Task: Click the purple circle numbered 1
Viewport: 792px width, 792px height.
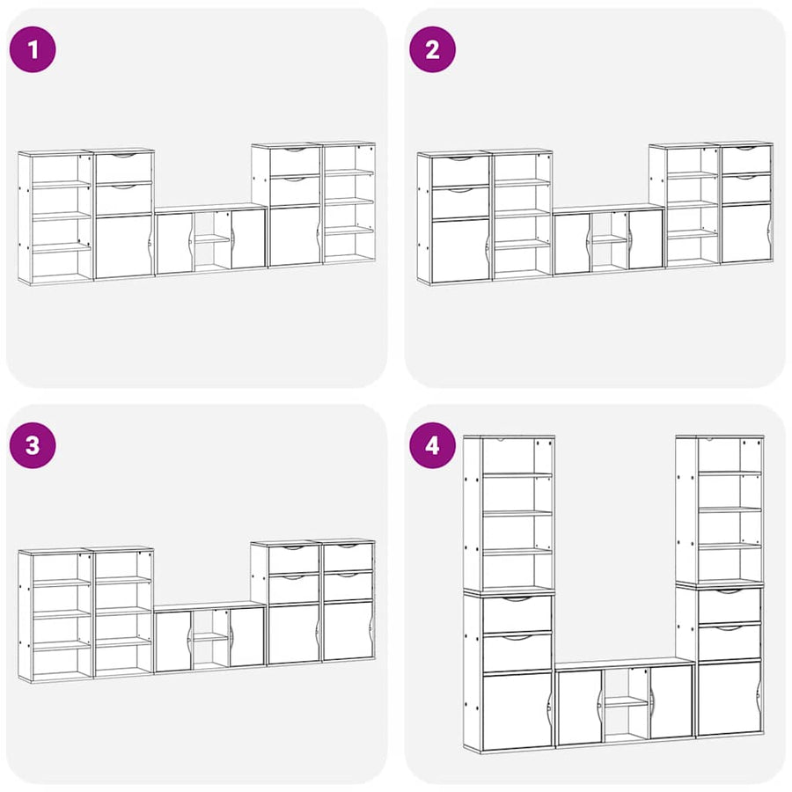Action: click(33, 49)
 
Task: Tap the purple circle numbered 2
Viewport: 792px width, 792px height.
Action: click(432, 49)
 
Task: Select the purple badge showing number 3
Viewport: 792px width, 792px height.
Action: click(33, 445)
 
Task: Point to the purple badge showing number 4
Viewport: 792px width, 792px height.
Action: click(432, 445)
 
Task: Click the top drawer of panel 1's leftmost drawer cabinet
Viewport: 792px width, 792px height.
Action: click(124, 168)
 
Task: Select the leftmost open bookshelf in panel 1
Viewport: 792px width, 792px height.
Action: click(55, 217)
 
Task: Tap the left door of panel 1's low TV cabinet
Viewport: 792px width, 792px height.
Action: click(174, 244)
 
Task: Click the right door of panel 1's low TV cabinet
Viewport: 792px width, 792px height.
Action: click(248, 238)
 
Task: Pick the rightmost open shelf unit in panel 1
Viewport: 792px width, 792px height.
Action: click(349, 202)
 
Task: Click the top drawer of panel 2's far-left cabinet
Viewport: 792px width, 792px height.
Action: click(460, 171)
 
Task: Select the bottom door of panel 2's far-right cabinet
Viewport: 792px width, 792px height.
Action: click(746, 233)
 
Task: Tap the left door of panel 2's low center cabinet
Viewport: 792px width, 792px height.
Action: click(572, 244)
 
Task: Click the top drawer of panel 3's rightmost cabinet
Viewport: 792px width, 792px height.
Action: click(348, 557)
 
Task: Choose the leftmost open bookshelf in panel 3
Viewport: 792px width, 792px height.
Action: click(55, 615)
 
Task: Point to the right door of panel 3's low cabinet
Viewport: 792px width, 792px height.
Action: click(247, 637)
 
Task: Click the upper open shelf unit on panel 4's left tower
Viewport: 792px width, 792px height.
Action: click(510, 513)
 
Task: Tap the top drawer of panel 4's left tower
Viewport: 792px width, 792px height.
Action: click(517, 613)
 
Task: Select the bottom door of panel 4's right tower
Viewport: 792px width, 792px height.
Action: click(729, 698)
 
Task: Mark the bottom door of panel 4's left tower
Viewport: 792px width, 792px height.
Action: click(517, 711)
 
